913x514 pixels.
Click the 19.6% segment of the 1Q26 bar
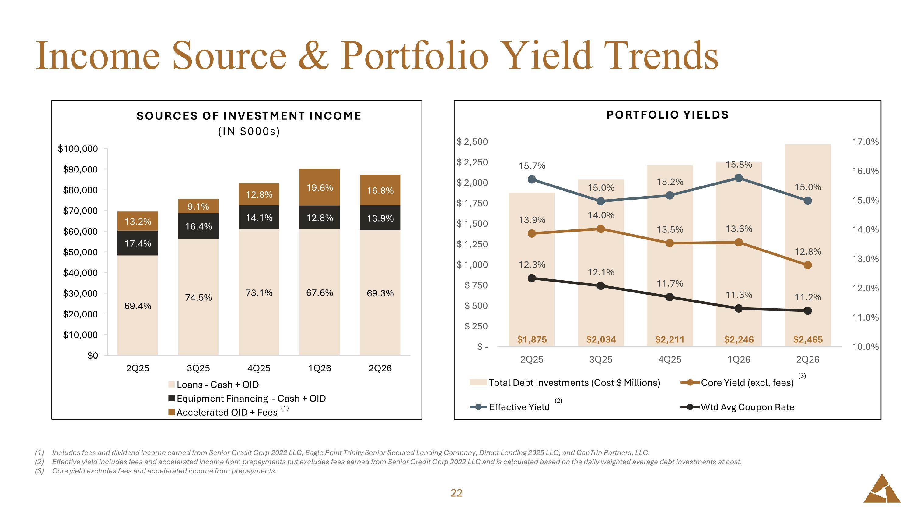pyautogui.click(x=319, y=187)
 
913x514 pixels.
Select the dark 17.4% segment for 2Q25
pyautogui.click(x=138, y=243)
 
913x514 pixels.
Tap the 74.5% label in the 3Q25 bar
pyautogui.click(x=198, y=297)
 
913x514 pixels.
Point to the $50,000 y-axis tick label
pyautogui.click(x=80, y=252)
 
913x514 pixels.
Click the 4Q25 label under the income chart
pyautogui.click(x=259, y=368)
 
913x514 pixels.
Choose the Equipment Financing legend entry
pyautogui.click(x=247, y=398)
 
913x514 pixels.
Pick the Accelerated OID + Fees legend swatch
pyautogui.click(x=172, y=412)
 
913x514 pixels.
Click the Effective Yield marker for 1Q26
pyautogui.click(x=739, y=178)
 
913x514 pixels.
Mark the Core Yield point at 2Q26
pyautogui.click(x=808, y=265)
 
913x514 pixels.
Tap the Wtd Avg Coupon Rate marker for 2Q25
pyautogui.click(x=532, y=278)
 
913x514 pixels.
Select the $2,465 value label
pyautogui.click(x=808, y=339)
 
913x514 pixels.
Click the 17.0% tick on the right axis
pyautogui.click(x=865, y=142)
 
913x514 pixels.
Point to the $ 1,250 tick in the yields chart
pyautogui.click(x=472, y=244)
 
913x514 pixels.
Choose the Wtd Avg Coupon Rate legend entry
pyautogui.click(x=737, y=407)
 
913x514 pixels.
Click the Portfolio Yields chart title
pyautogui.click(x=668, y=115)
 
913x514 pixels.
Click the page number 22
pyautogui.click(x=456, y=493)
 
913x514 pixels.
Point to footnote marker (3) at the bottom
pyautogui.click(x=39, y=471)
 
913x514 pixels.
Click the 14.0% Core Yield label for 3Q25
pyautogui.click(x=601, y=215)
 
